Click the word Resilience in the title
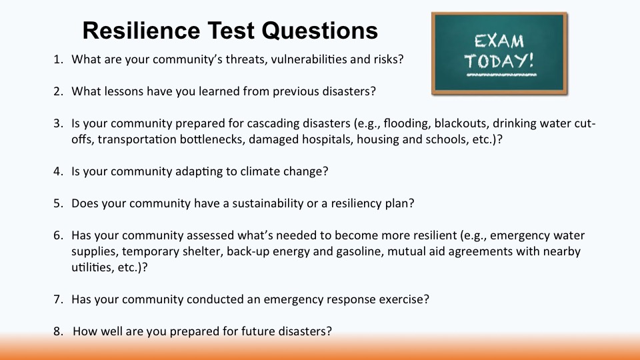[141, 30]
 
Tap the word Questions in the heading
[319, 31]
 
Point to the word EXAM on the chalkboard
[499, 41]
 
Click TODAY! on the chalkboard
[499, 61]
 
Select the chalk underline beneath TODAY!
[501, 75]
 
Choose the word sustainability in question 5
[269, 203]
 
